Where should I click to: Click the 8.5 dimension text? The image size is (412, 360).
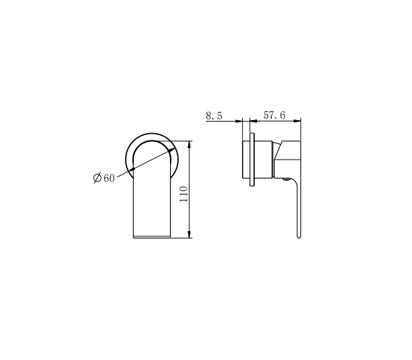tap(214, 115)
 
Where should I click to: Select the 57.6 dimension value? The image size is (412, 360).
tap(273, 115)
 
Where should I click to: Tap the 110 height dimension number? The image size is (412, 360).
tap(183, 196)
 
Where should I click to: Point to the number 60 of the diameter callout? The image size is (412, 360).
tap(109, 178)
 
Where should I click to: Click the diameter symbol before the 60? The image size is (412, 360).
tap(97, 178)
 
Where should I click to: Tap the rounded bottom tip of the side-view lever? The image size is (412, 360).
tap(298, 236)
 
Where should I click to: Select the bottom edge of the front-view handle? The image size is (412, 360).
tap(150, 237)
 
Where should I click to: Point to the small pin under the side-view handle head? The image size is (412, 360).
tap(284, 181)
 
